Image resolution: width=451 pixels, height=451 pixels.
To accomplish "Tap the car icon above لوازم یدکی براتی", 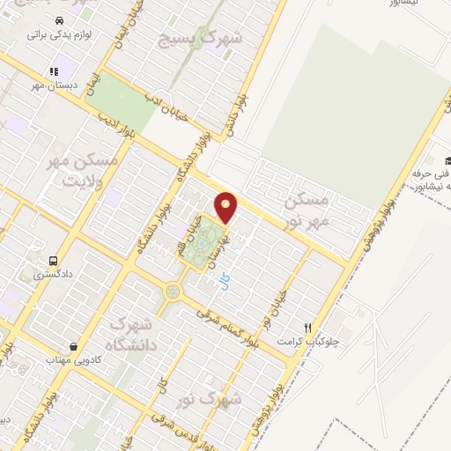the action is [57, 20].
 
